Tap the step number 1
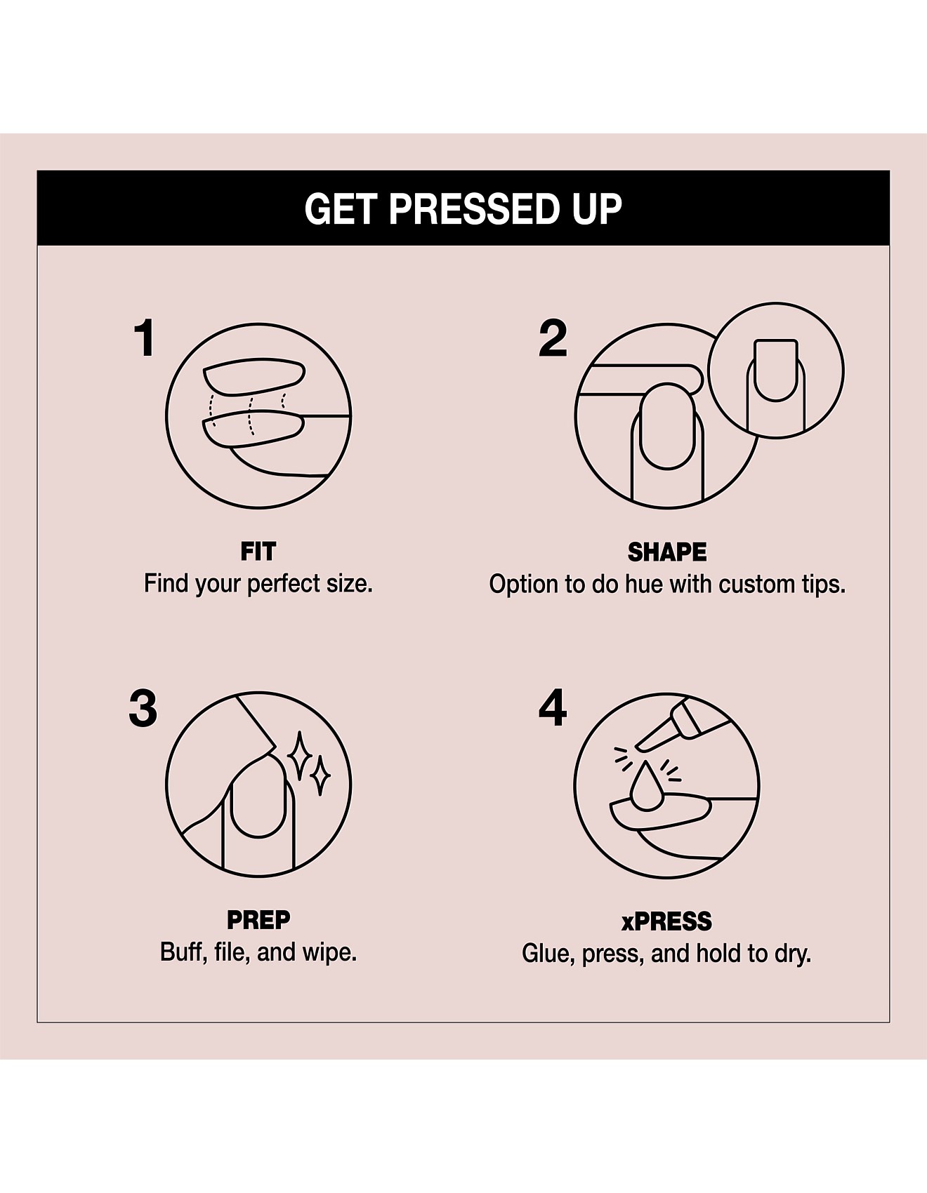click(145, 338)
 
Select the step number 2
click(553, 338)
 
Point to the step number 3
click(143, 708)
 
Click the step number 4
click(553, 708)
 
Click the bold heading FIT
click(258, 552)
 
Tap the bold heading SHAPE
click(667, 552)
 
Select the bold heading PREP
click(258, 919)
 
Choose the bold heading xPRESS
click(666, 921)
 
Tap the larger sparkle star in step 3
click(301, 757)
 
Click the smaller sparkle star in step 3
click(321, 775)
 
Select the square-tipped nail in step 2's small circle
click(776, 371)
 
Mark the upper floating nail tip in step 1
click(254, 378)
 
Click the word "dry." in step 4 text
click(793, 954)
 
